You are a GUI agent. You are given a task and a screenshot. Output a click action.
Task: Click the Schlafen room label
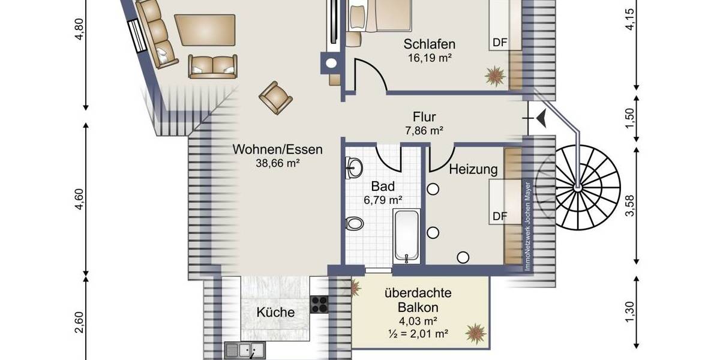(x=429, y=44)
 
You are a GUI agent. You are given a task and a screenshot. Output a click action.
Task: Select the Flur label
(x=424, y=116)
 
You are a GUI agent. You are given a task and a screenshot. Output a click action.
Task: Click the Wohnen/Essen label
(x=278, y=149)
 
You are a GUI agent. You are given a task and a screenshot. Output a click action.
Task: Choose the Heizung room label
(x=473, y=170)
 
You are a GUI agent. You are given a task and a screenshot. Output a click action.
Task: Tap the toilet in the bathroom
(x=355, y=223)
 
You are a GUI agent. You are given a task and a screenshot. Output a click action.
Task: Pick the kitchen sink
(x=245, y=349)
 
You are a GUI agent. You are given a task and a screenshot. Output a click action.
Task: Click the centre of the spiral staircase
(x=577, y=188)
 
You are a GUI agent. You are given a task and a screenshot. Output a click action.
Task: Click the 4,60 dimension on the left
(x=80, y=200)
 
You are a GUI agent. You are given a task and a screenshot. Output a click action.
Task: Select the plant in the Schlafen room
(x=496, y=76)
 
